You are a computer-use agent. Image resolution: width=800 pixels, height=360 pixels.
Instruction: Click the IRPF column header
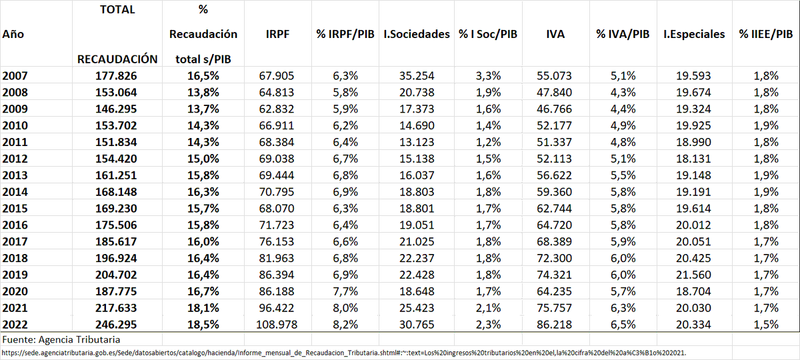pos(277,34)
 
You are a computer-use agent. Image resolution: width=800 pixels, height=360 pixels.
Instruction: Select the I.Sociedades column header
pos(417,34)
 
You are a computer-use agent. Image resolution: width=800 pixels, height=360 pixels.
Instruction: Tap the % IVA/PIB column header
pos(622,34)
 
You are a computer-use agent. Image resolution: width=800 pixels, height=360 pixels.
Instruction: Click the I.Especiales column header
pos(694,34)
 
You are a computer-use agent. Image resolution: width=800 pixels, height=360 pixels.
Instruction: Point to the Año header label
pos(13,34)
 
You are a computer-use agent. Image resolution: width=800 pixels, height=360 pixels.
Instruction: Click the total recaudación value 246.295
pos(117,325)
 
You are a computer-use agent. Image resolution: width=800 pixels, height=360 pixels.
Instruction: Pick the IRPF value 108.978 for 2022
pos(277,325)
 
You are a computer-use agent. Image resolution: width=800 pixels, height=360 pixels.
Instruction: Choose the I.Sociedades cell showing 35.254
pos(417,75)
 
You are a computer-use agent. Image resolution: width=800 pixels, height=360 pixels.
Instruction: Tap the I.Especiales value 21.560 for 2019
pos(694,275)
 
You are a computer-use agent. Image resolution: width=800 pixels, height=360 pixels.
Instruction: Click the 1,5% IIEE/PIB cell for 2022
pos(765,325)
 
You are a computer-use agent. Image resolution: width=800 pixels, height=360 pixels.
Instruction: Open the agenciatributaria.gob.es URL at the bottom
pos(343,352)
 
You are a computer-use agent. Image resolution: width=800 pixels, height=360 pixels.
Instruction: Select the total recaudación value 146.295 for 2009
pos(117,109)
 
